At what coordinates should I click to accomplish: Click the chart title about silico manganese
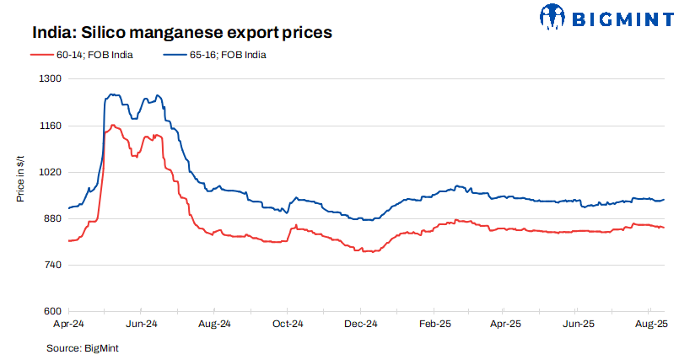181,33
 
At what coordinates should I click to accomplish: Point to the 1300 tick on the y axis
51,78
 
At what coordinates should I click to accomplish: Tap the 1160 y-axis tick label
51,126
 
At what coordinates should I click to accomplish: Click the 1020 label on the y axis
51,172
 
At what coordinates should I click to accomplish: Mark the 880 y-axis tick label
52,219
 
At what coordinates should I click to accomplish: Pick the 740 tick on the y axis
52,266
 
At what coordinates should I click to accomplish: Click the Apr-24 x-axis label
68,324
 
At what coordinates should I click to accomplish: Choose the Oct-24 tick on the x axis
287,324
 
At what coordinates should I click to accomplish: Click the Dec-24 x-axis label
359,324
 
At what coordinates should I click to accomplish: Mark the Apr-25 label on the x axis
504,324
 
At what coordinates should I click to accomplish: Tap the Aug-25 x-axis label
650,324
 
